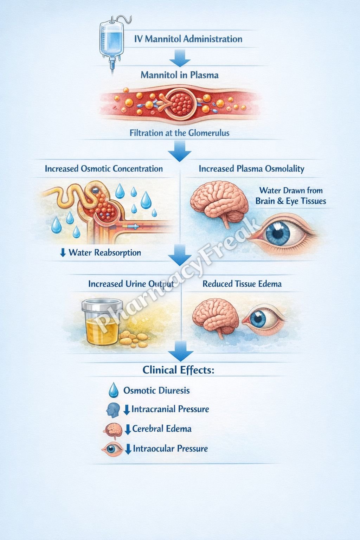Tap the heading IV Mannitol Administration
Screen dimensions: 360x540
(x=188, y=39)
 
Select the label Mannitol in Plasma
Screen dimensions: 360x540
(x=180, y=75)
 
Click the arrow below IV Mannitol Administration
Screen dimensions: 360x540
(x=180, y=58)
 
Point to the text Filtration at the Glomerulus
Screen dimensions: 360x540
(x=179, y=133)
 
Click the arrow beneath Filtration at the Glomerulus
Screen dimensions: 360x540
(x=180, y=151)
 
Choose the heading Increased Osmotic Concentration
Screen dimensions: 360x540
(x=104, y=168)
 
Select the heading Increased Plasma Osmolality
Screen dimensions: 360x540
(x=251, y=169)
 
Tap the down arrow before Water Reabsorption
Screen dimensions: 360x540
(x=63, y=253)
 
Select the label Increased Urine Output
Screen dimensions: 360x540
(x=131, y=284)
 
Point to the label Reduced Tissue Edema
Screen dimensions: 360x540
(x=242, y=284)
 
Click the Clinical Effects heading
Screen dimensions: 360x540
(x=178, y=370)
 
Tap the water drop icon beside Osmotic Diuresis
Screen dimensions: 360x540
(x=114, y=390)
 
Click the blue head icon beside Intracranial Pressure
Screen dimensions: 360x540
(x=113, y=410)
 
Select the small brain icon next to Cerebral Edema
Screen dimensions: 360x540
(x=113, y=431)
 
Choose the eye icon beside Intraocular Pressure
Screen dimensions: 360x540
(x=112, y=449)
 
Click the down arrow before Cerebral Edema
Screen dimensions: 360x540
(x=128, y=429)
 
